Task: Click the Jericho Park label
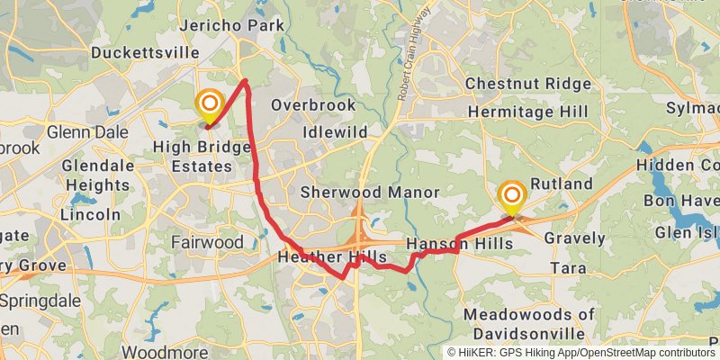click(232, 25)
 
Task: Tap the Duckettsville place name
click(146, 53)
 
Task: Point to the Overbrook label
click(309, 104)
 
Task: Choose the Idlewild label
click(335, 132)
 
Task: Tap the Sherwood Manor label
click(370, 193)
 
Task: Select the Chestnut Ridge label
click(528, 85)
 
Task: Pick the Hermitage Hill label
click(527, 112)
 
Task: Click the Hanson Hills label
click(459, 244)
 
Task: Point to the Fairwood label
click(208, 243)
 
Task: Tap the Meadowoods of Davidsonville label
click(529, 323)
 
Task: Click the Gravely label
click(574, 239)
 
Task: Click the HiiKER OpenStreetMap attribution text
click(581, 353)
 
